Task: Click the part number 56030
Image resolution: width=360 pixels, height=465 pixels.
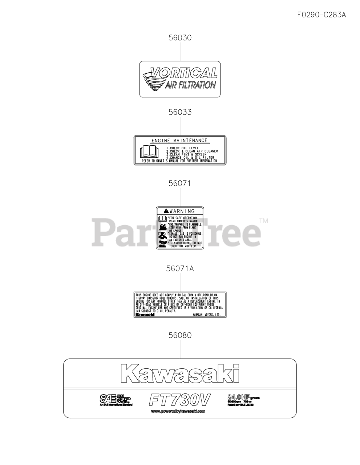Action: point(180,38)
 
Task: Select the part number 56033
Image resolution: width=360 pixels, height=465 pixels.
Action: point(180,113)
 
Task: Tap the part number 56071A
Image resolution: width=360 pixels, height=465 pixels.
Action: point(180,269)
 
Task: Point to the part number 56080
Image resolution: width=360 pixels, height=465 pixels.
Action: point(180,335)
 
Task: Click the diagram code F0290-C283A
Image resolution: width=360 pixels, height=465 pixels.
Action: point(321,15)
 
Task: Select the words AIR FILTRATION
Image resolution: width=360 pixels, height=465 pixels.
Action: point(190,85)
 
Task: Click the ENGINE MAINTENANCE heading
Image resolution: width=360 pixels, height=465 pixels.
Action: point(179,141)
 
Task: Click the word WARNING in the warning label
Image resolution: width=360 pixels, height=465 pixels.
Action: point(182,211)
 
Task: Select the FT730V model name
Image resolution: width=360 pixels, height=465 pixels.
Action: point(179,400)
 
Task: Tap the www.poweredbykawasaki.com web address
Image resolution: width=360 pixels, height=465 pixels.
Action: point(178,411)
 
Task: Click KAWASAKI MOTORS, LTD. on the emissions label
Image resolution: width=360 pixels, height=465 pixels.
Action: point(206,315)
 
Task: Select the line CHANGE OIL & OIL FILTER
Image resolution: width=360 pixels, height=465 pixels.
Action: point(190,158)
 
